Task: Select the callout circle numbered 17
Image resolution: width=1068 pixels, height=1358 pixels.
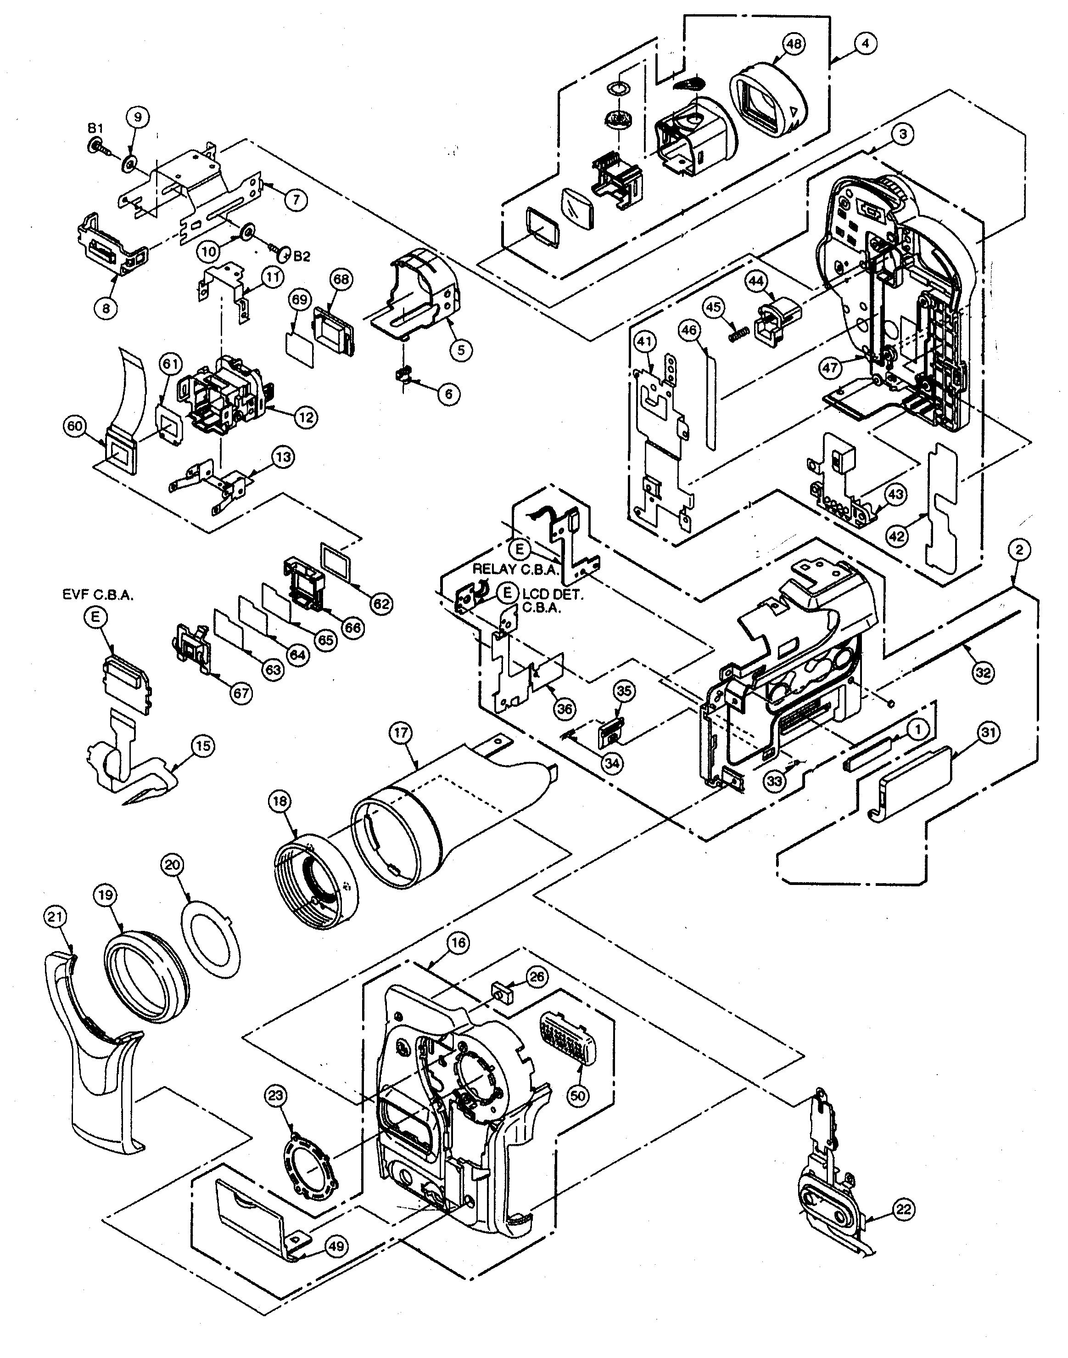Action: click(401, 733)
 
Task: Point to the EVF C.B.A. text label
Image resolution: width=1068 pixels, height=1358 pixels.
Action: click(98, 596)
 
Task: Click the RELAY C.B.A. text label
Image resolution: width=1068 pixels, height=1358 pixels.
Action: click(515, 569)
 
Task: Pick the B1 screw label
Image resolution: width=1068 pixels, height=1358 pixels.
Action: click(95, 128)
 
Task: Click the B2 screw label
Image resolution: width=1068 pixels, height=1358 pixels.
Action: click(302, 256)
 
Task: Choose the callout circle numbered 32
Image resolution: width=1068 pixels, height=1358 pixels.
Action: click(983, 672)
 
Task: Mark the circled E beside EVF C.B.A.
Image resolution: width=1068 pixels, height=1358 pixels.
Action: click(95, 617)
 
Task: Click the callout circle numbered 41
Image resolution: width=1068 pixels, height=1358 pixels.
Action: click(645, 342)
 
